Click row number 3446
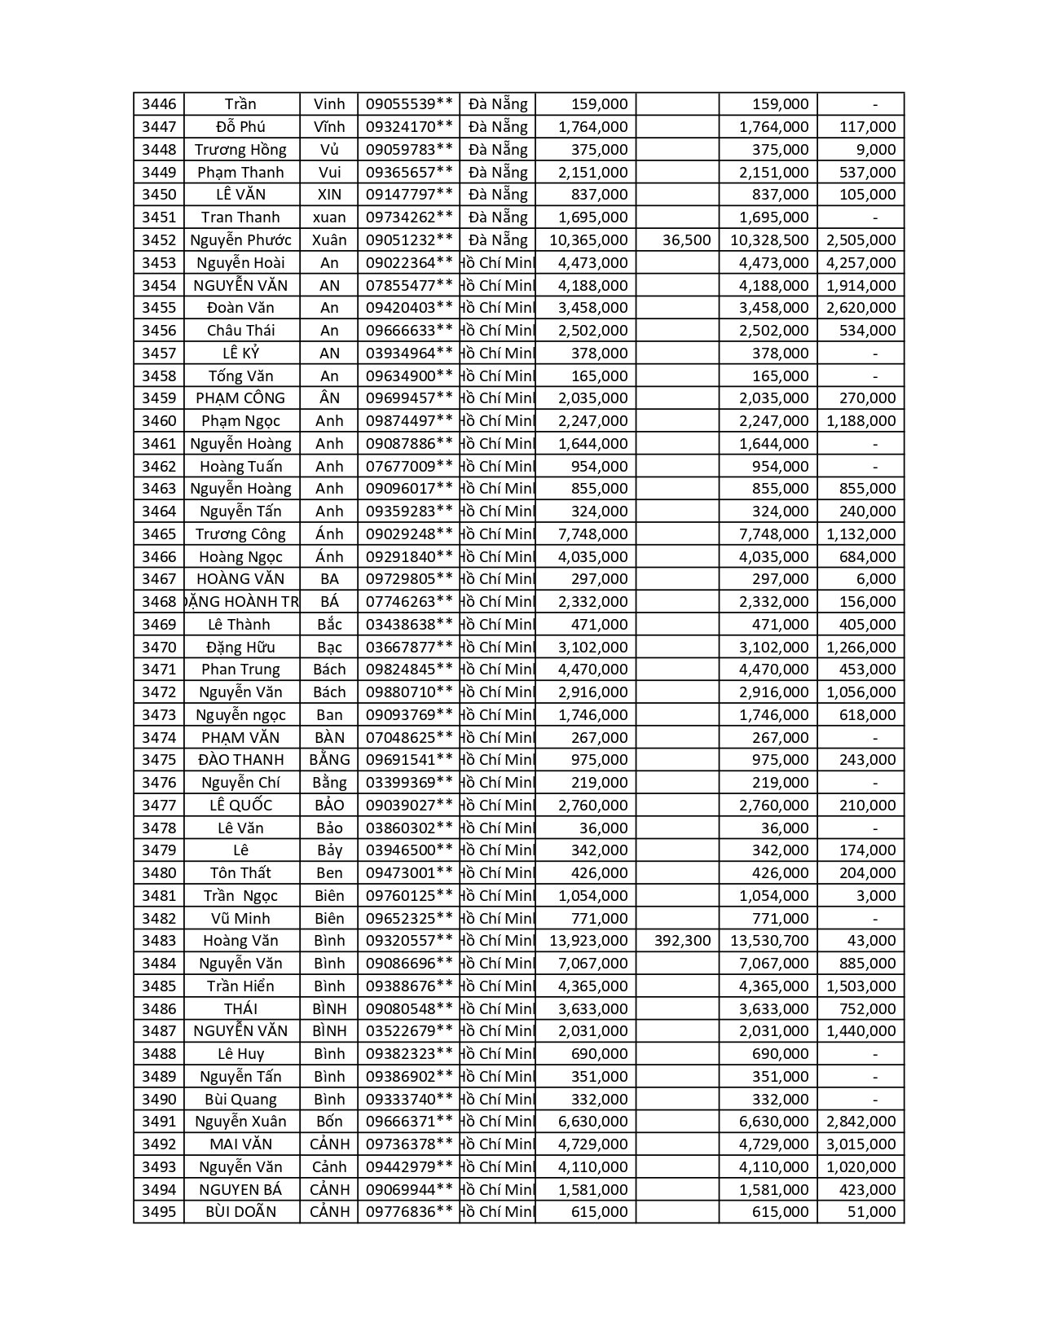[x=158, y=104]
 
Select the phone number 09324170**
[x=409, y=127]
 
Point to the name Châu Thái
[x=240, y=331]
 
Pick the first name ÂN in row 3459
[x=329, y=398]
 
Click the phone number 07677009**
[x=409, y=467]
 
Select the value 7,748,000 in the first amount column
[x=588, y=534]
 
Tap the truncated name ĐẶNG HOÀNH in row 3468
[x=242, y=602]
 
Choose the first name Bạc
[x=329, y=648]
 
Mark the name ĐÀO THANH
[x=240, y=760]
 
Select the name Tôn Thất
[x=240, y=873]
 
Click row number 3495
[x=158, y=1212]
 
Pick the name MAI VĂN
[x=240, y=1144]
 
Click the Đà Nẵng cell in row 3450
[x=498, y=195]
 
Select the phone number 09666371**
[x=409, y=1122]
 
